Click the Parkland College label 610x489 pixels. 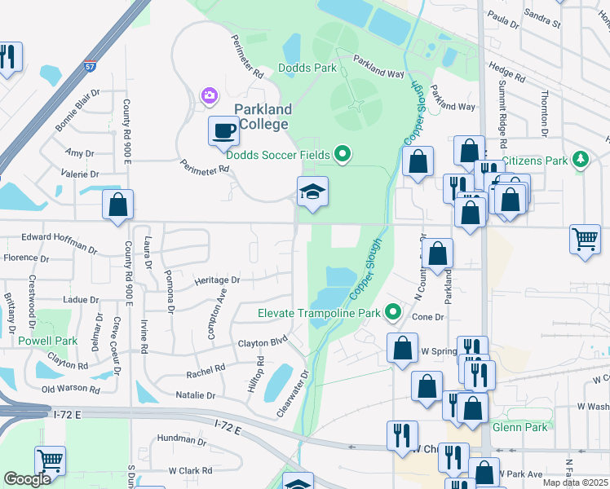point(261,117)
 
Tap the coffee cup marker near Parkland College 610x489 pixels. point(223,130)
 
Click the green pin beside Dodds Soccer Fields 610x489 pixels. point(343,153)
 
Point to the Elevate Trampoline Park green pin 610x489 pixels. point(393,312)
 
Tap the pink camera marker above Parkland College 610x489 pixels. point(210,97)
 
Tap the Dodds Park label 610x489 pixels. point(307,68)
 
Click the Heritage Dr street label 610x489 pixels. point(217,280)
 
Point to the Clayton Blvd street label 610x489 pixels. point(263,343)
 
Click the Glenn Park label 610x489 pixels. point(519,426)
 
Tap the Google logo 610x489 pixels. point(27,479)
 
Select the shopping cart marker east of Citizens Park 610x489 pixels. point(585,240)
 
